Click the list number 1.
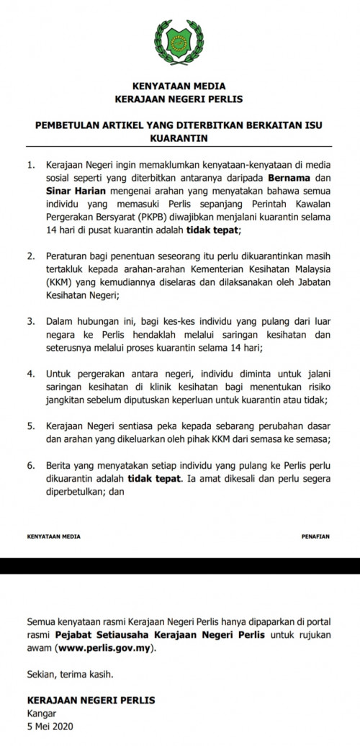[30, 164]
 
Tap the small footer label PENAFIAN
[315, 537]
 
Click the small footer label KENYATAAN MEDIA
[53, 537]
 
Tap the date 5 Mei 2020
[48, 724]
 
